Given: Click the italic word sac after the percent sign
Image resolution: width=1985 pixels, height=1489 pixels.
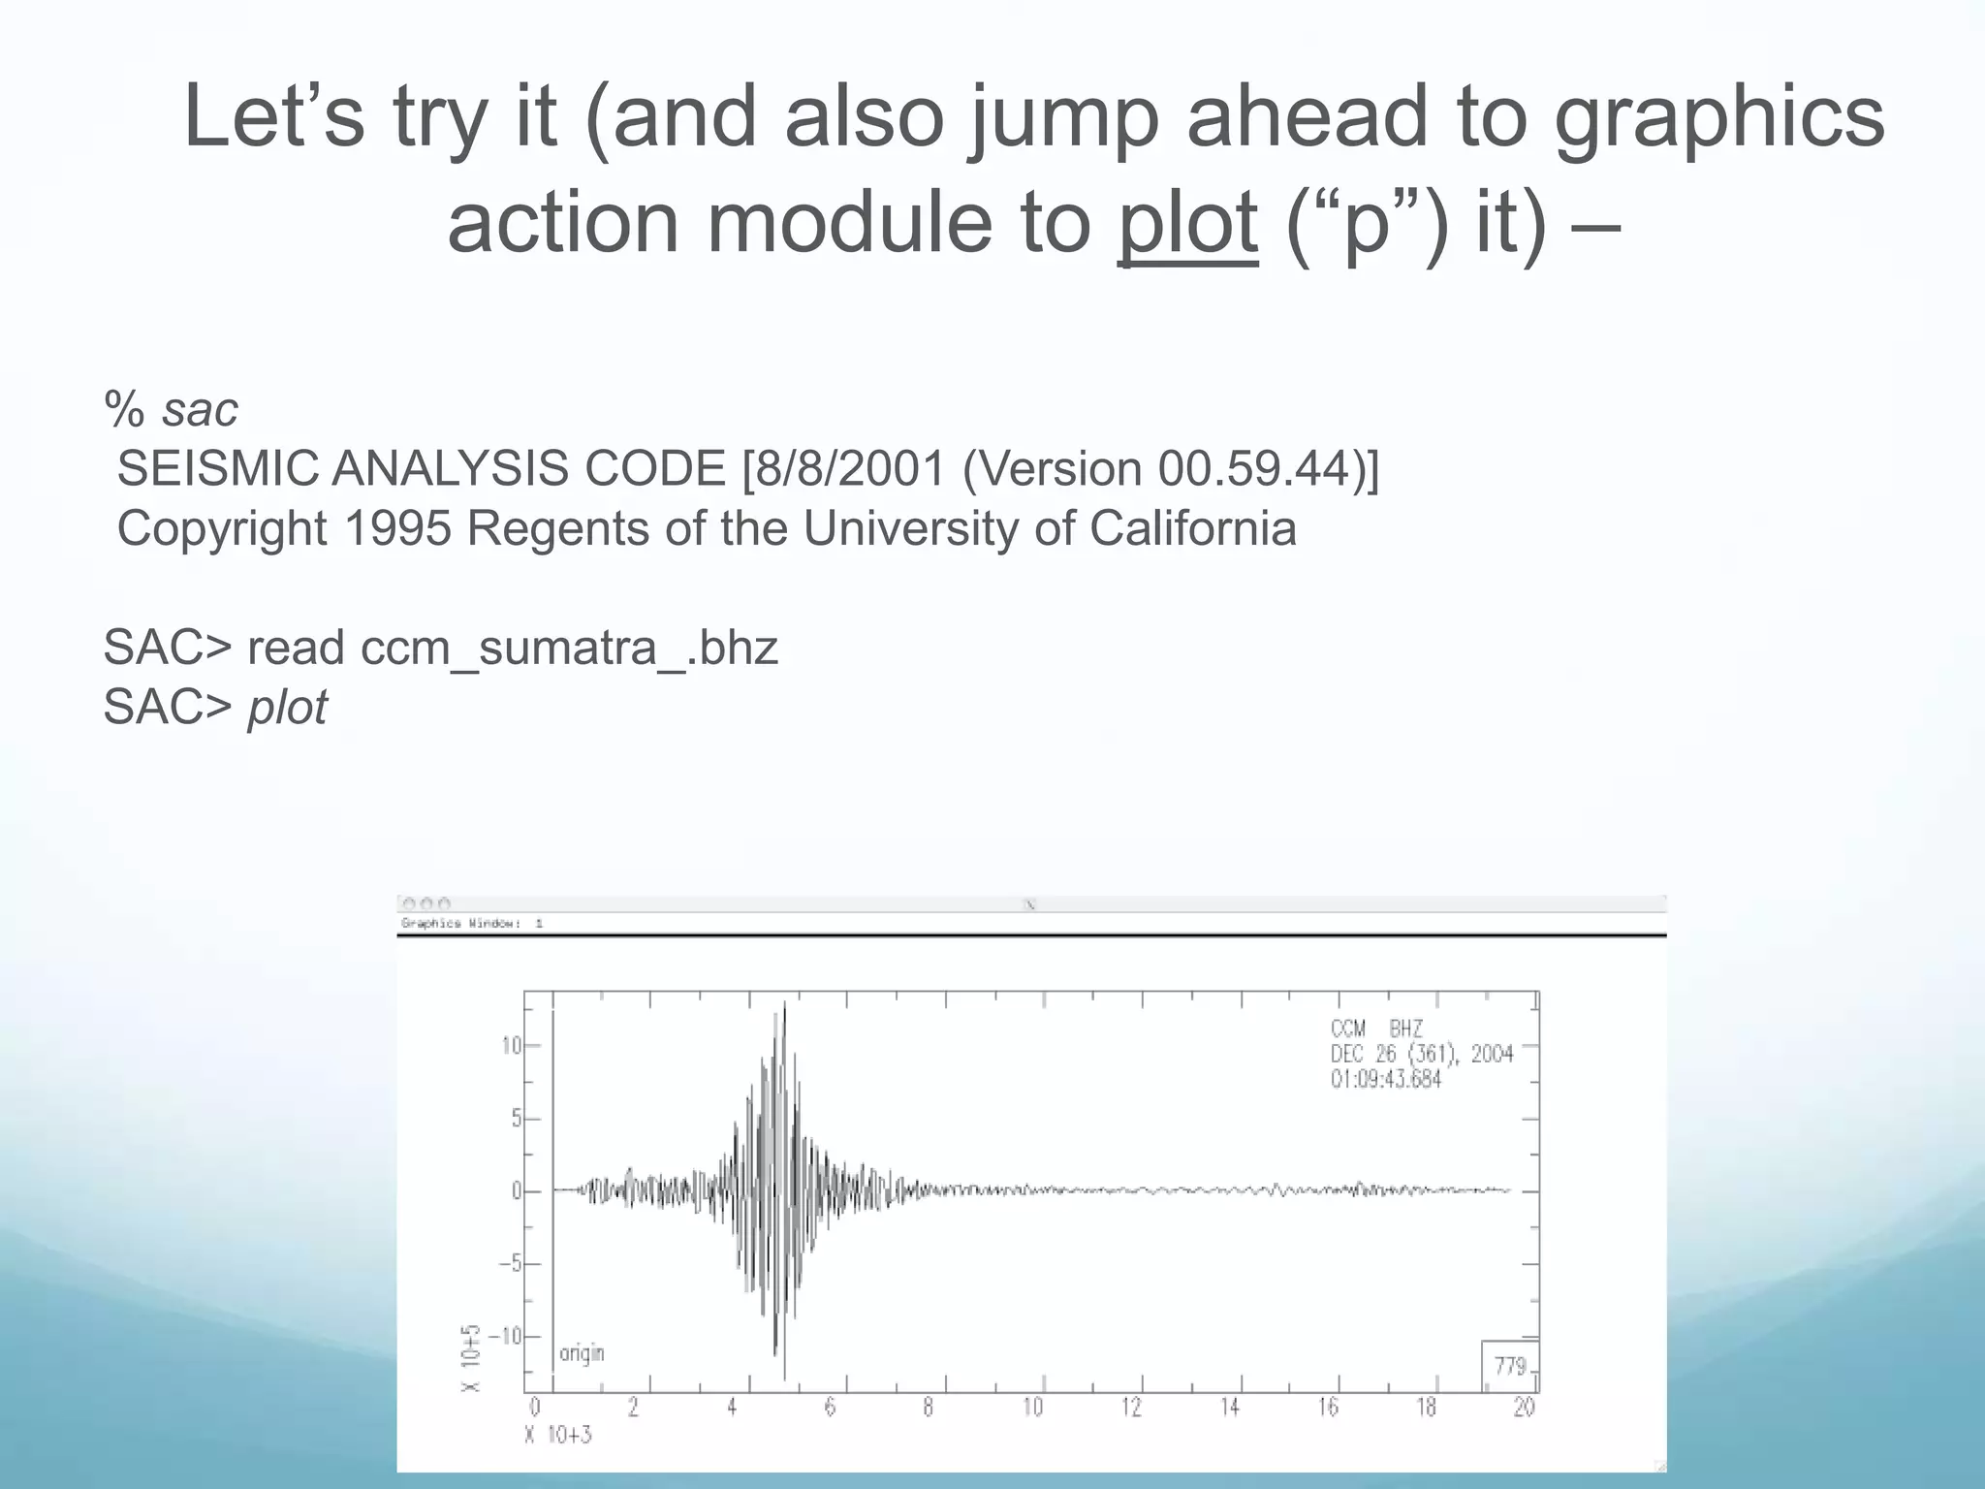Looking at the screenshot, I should tap(200, 410).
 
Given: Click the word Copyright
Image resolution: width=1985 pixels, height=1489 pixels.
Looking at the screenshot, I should tap(222, 529).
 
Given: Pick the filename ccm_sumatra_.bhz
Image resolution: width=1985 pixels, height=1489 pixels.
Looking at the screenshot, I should tap(569, 648).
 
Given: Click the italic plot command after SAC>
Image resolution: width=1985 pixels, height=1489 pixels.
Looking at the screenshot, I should tap(287, 708).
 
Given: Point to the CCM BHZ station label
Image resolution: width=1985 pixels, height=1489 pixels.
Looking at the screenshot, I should tap(1375, 1029).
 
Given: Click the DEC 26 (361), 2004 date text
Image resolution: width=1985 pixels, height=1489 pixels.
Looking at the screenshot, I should tap(1421, 1054).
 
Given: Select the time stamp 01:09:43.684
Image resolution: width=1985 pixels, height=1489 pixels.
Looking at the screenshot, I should tap(1385, 1079).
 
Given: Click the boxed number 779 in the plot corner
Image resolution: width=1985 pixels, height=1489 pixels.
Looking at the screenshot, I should tap(1510, 1366).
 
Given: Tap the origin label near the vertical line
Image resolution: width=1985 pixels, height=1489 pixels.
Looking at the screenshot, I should tap(582, 1352).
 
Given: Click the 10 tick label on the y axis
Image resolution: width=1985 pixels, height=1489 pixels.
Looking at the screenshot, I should tap(511, 1046).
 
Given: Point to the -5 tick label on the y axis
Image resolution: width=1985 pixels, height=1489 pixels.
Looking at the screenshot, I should tap(510, 1264).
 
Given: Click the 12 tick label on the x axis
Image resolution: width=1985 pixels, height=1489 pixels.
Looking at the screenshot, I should tap(1131, 1408).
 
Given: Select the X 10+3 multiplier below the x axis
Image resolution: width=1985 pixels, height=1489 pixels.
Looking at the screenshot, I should tap(557, 1435).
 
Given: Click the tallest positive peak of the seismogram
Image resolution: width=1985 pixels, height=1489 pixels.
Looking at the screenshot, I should tap(784, 1004).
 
